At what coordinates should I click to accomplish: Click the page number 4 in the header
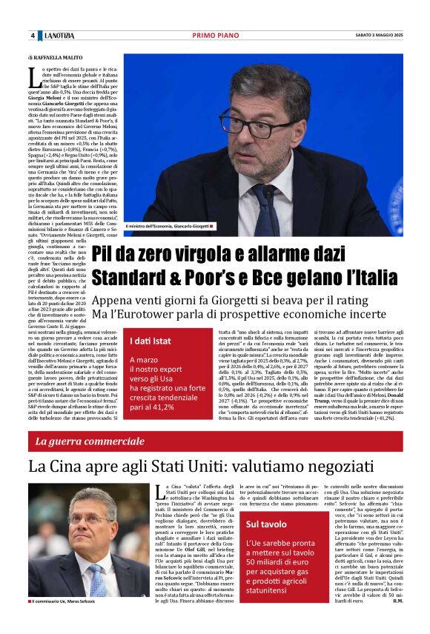33,36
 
